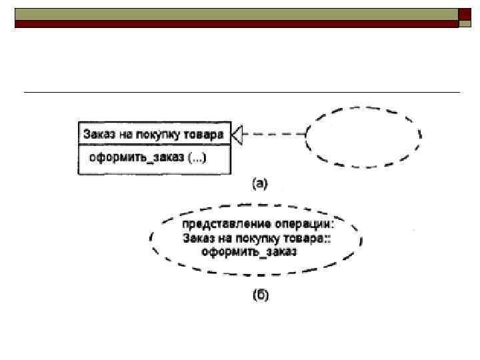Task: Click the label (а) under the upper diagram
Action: point(259,183)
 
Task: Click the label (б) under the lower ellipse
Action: point(259,295)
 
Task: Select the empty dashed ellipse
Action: point(363,136)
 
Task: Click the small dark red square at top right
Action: point(465,15)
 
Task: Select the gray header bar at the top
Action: point(236,14)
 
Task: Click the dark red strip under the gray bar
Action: point(236,24)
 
